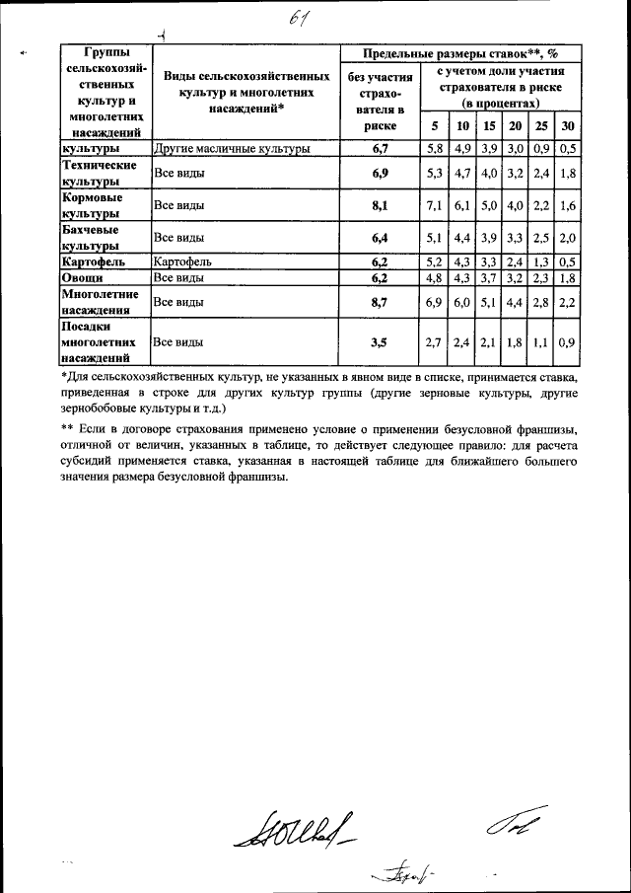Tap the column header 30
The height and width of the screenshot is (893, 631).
[x=566, y=126]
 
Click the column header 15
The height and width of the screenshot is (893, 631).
[x=488, y=126]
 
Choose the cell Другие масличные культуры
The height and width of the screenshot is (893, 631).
[x=233, y=149]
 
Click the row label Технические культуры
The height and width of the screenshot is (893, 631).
[x=93, y=175]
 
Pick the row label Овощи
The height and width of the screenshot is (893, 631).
[x=78, y=279]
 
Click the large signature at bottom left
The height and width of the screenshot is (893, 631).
[x=293, y=827]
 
